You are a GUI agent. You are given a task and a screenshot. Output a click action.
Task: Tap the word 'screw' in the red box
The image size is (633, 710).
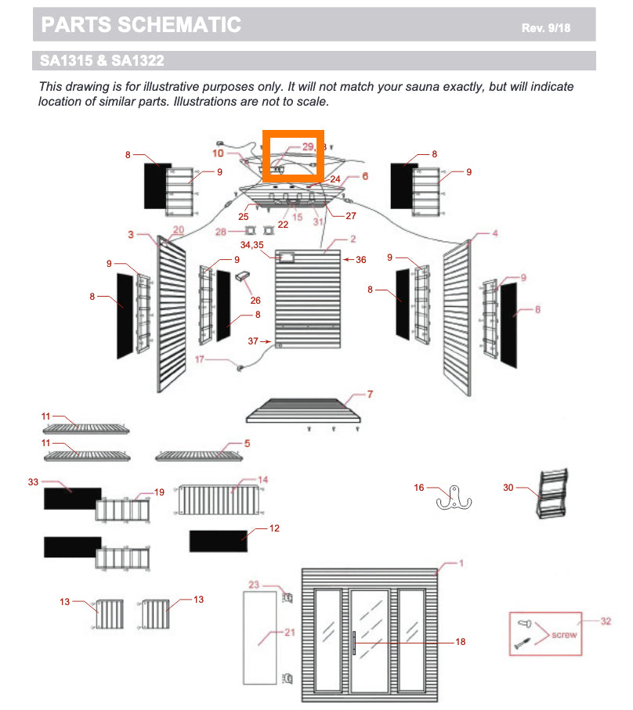point(564,635)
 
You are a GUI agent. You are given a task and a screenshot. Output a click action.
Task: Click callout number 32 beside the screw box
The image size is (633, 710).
point(605,622)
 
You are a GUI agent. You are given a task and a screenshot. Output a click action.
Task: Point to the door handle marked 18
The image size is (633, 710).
point(356,642)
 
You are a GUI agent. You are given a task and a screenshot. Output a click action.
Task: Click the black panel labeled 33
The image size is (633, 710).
point(71,498)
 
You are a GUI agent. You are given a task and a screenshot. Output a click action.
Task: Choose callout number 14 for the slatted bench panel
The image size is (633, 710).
point(263,479)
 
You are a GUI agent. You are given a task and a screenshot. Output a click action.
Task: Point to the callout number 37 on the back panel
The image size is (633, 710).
point(253,341)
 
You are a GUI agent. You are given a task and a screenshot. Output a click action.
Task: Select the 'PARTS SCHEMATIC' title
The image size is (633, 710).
point(141,25)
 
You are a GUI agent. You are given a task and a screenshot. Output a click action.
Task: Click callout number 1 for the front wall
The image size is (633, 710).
point(462,564)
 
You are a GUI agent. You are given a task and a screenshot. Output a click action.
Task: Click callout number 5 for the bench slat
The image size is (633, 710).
point(247,443)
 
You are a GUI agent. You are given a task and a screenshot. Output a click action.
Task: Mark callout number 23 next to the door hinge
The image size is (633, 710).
point(253,585)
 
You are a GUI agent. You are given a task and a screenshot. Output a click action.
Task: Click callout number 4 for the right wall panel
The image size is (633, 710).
point(494,233)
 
